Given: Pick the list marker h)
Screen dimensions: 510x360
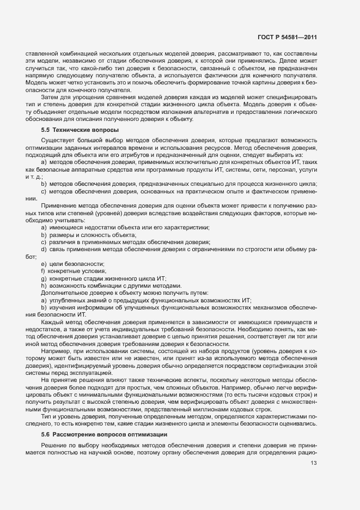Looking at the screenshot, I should coord(44,286).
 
